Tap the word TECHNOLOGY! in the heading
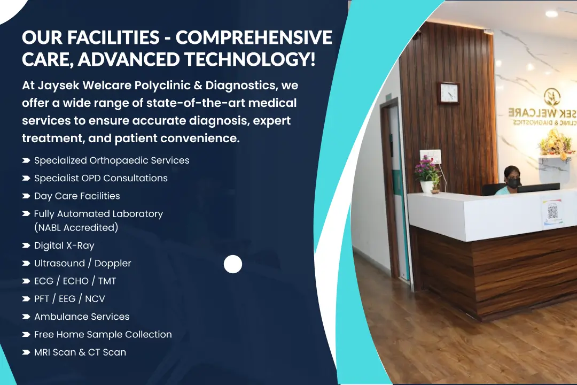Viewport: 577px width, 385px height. (250, 59)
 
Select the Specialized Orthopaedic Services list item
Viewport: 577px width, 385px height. (112, 160)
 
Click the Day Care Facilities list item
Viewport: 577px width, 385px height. (77, 196)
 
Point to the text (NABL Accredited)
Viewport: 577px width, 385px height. (76, 228)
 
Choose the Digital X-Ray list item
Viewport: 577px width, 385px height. (64, 245)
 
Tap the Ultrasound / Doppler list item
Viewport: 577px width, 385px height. (82, 263)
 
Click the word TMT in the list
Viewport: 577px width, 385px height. (107, 281)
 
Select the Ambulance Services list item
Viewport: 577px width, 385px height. (82, 317)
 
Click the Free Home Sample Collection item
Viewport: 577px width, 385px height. (103, 335)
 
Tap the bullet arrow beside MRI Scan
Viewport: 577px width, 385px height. (26, 352)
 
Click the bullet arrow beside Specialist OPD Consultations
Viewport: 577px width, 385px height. (26, 178)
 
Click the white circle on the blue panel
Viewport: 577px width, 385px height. (233, 264)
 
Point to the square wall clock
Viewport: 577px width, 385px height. (448, 93)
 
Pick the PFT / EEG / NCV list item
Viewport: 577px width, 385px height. (69, 299)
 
